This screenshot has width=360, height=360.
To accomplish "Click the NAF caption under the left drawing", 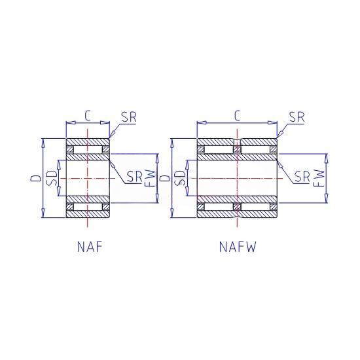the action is [90, 247].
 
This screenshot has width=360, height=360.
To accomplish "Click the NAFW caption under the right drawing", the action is [238, 247].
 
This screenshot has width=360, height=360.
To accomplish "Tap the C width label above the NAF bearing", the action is [87, 116].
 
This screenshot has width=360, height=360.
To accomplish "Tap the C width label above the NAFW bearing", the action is [237, 116].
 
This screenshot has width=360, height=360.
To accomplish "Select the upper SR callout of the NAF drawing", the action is [129, 117].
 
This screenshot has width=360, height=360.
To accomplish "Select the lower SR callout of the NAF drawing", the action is [135, 177].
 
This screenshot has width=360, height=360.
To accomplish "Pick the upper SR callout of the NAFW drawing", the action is [297, 117].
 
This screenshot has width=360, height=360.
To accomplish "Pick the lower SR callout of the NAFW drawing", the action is [302, 177].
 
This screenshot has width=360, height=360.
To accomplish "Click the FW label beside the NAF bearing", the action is [150, 178].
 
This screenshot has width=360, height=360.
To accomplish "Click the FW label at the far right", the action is [319, 178].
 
